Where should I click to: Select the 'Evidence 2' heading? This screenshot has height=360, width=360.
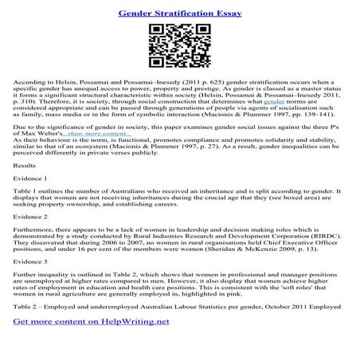pos(30,217)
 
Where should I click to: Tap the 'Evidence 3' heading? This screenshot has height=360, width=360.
pos(30,260)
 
